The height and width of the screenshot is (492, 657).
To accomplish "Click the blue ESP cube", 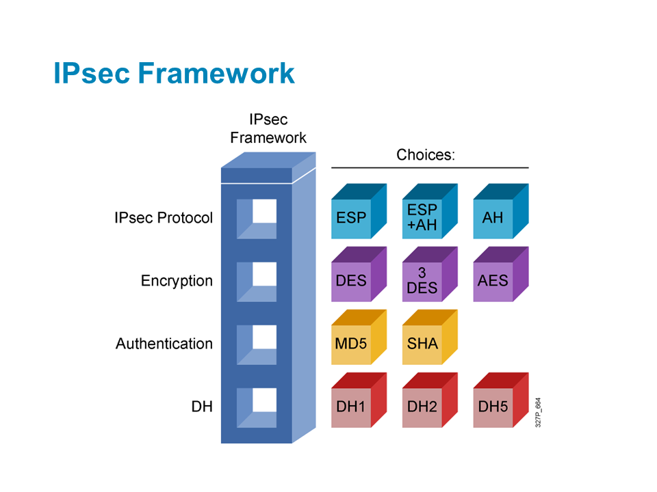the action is point(359,211).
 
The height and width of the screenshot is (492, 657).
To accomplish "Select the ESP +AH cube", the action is point(430,211).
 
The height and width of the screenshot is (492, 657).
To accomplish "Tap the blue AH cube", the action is point(501,211).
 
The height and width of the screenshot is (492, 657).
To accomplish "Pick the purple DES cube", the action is point(359,274).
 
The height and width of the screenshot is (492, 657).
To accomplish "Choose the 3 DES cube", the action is point(430,274).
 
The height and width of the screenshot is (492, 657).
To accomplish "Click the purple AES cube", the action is point(501,274).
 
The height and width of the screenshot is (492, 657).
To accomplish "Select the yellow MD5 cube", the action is point(359,337).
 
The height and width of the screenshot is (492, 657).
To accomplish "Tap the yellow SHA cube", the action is point(430,337).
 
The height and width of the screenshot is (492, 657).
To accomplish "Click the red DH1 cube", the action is point(359,400).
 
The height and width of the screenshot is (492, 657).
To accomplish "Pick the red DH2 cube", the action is point(430,400).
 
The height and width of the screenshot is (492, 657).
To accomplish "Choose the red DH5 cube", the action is point(501,400).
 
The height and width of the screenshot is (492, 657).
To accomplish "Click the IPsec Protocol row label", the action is point(164,218).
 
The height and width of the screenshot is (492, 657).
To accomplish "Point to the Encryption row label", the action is point(177,281).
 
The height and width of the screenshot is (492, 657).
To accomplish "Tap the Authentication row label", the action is point(164,344).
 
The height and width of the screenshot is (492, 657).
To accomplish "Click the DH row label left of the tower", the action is point(202,407).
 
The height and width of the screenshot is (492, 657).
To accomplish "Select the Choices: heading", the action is point(426,155).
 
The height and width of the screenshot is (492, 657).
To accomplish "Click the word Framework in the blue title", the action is point(216,73).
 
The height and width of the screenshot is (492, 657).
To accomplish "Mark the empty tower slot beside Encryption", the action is point(257,282).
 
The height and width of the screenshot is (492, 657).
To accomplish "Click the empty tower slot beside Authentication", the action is point(257,344).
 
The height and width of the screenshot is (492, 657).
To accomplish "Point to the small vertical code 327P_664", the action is point(538,413).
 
